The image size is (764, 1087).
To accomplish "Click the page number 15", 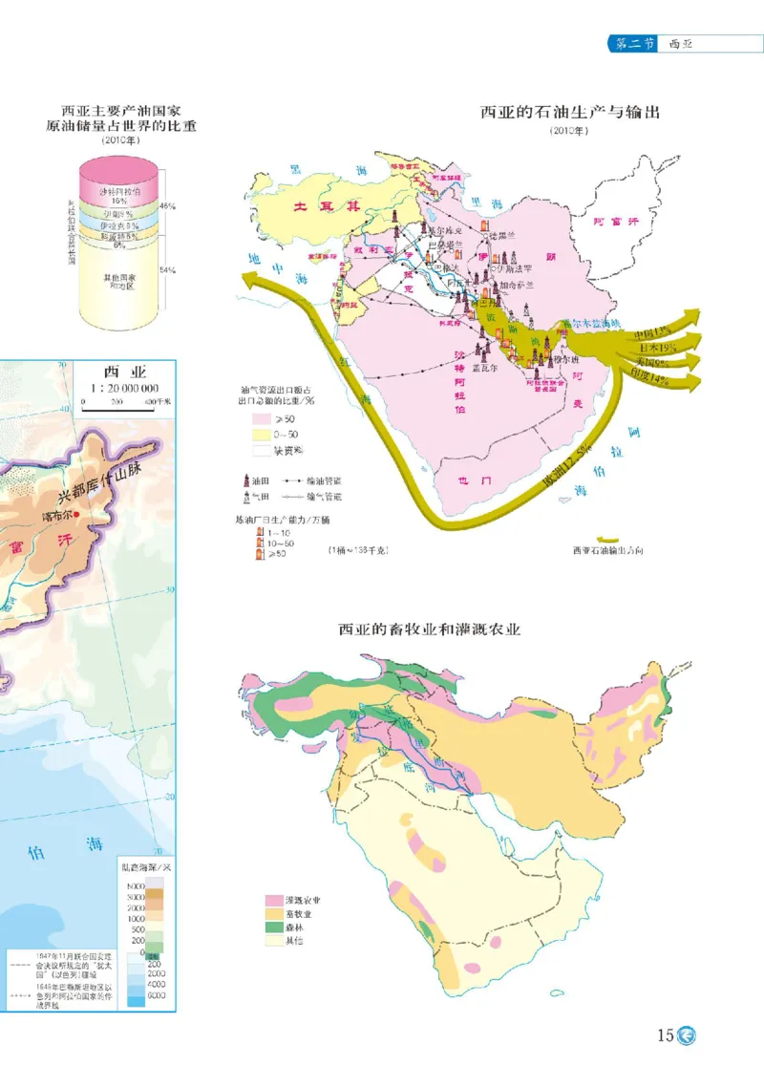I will coord(665,1034).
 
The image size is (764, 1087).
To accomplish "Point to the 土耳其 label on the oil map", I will coord(328,205).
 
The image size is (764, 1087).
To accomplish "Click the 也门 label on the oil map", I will coord(474,481).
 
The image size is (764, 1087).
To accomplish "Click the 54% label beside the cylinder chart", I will coord(167,270).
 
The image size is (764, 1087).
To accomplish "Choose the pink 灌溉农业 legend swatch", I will coord(273,901).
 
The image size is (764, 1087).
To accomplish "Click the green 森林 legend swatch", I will coord(273,927).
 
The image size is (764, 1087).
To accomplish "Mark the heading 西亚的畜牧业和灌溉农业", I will coord(430,629).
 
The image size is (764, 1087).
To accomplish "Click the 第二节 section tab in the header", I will coord(632,44).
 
